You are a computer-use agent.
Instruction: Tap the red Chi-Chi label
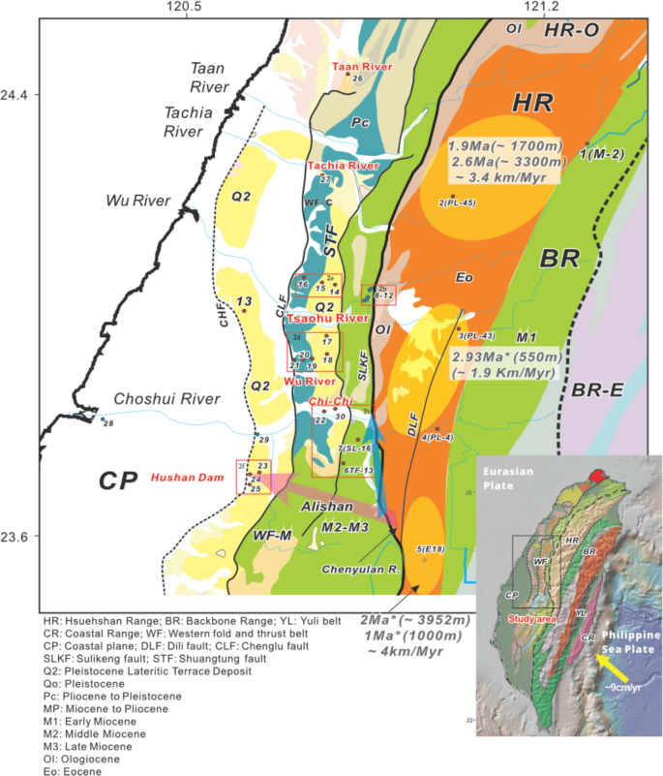coord(328,401)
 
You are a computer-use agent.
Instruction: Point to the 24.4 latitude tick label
coord(17,95)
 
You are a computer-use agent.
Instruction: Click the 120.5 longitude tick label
coord(182,8)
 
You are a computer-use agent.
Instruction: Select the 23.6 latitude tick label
coord(17,537)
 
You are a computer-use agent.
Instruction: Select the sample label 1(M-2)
coord(604,152)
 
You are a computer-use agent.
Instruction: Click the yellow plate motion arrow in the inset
coord(615,667)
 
